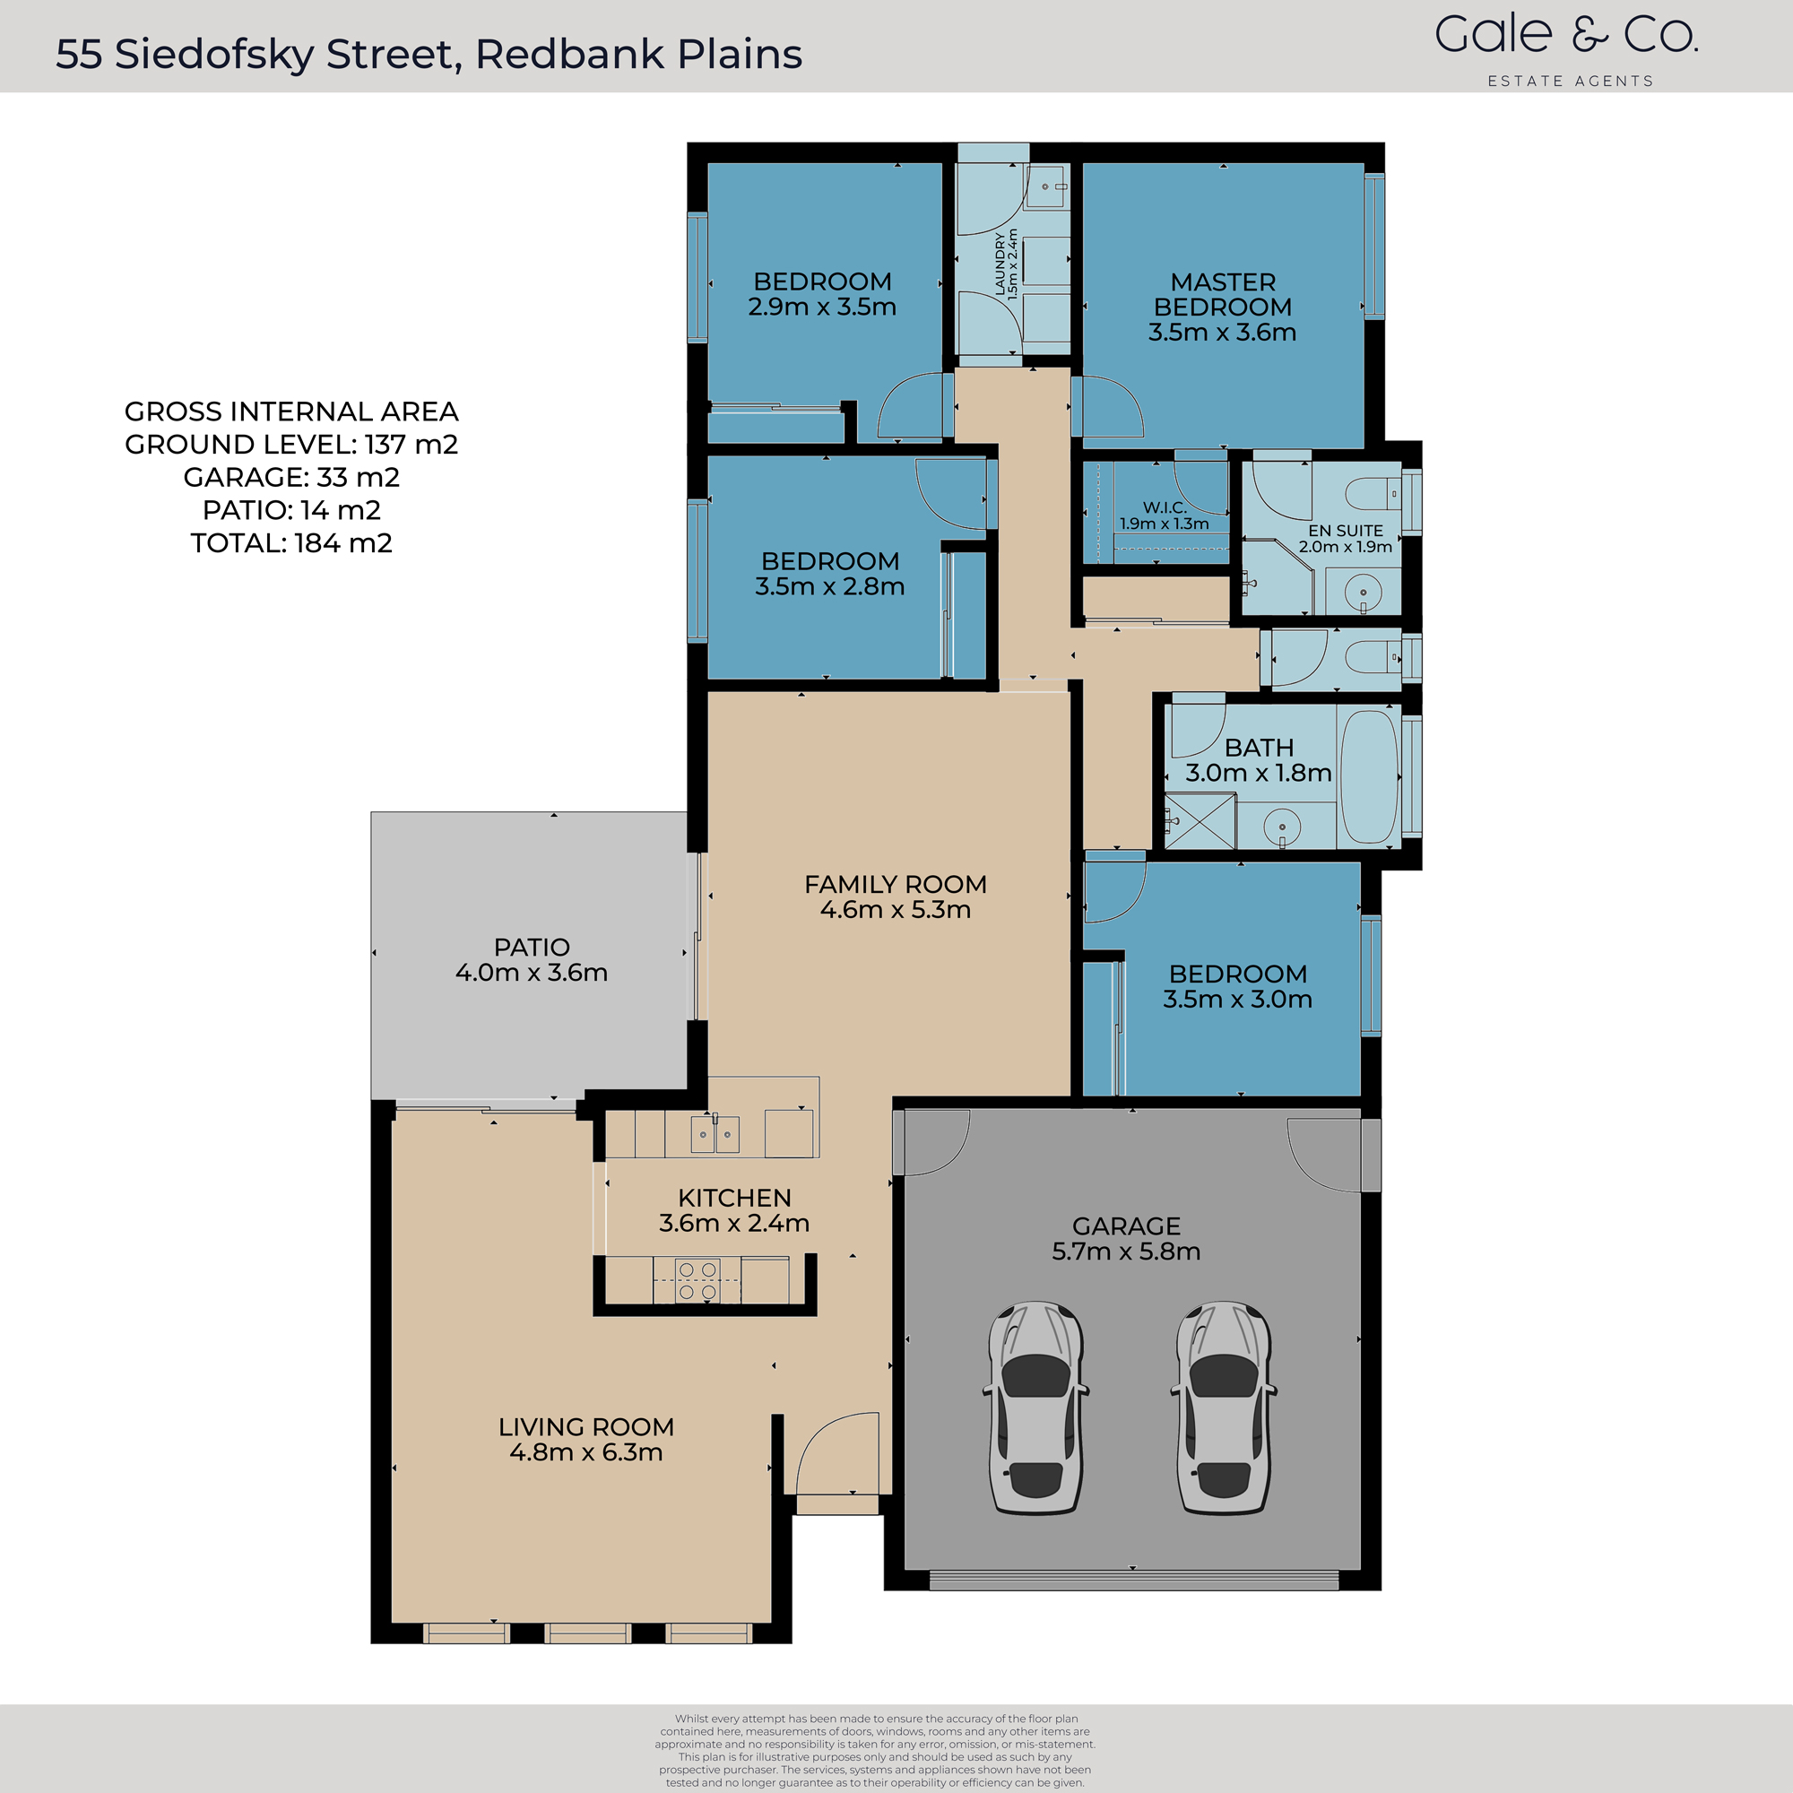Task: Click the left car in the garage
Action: click(1035, 1407)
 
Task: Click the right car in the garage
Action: click(1223, 1407)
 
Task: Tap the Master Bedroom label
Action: click(1222, 307)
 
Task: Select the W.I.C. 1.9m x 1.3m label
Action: click(1164, 515)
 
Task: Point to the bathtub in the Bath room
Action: click(1368, 775)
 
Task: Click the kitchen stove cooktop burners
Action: click(697, 1280)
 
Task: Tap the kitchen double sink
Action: click(715, 1134)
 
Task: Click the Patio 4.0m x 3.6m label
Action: click(531, 959)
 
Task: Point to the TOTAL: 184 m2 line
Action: click(291, 543)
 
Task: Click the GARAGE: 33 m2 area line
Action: click(291, 477)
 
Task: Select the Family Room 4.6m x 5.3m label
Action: click(895, 896)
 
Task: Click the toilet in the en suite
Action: click(1373, 494)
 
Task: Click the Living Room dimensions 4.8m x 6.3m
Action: click(585, 1452)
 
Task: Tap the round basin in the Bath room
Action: click(1282, 825)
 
